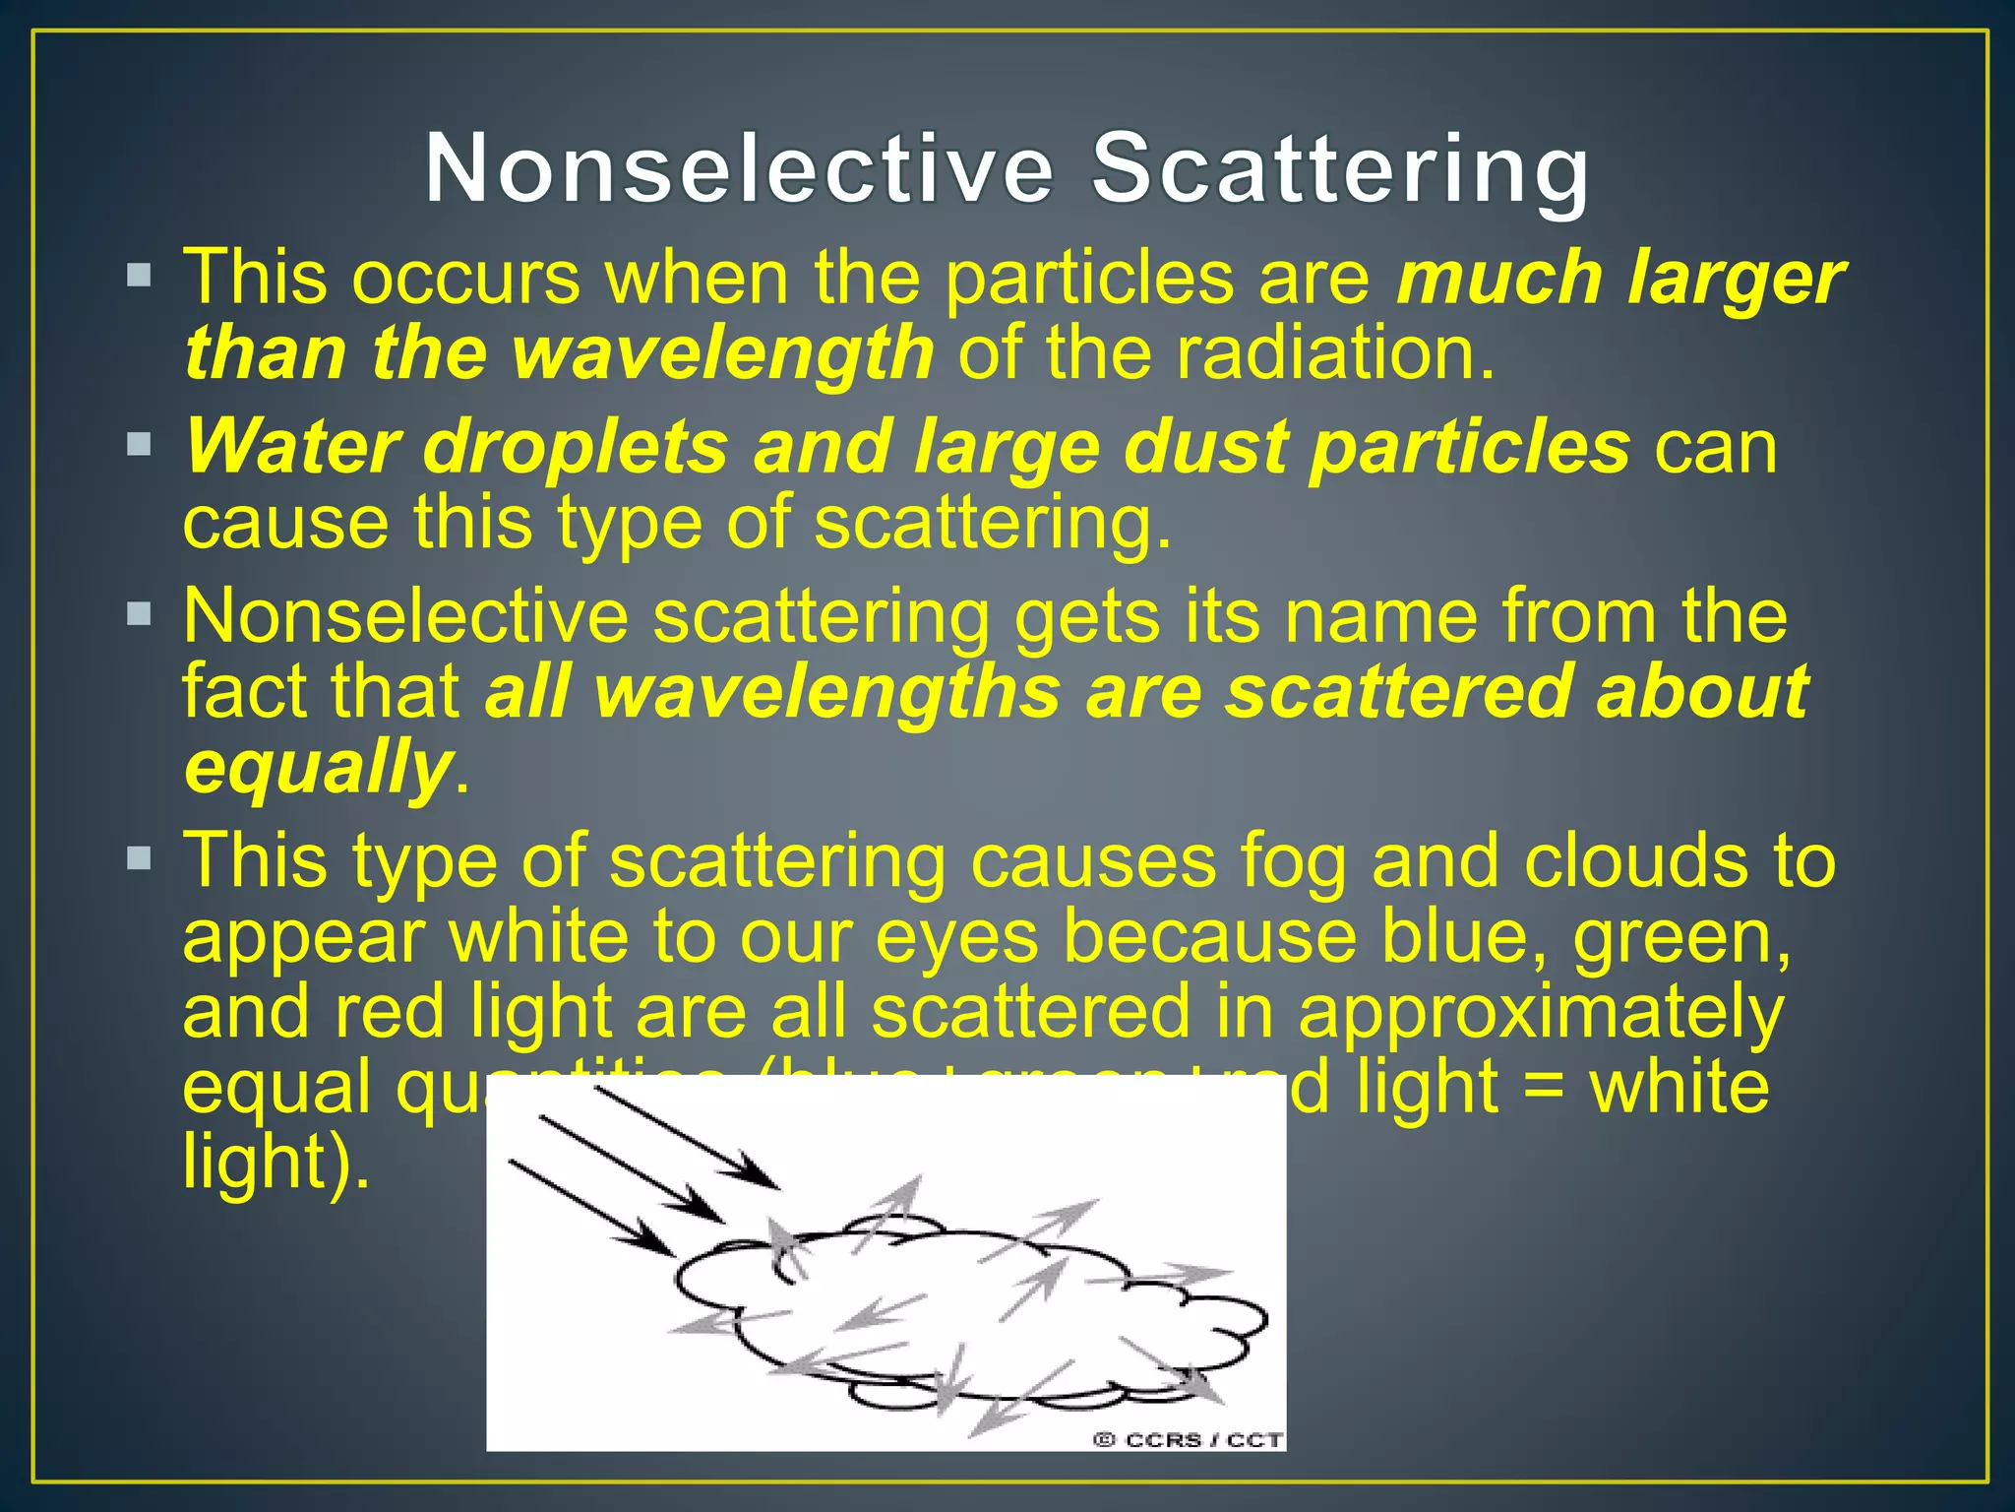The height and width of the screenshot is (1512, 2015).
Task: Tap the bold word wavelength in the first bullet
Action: (723, 352)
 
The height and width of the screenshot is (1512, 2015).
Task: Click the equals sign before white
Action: (1546, 1088)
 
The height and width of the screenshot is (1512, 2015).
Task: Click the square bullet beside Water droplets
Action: (139, 444)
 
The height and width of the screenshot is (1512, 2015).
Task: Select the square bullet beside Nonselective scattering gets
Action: (139, 615)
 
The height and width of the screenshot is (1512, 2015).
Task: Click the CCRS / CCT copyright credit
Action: (1188, 1440)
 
